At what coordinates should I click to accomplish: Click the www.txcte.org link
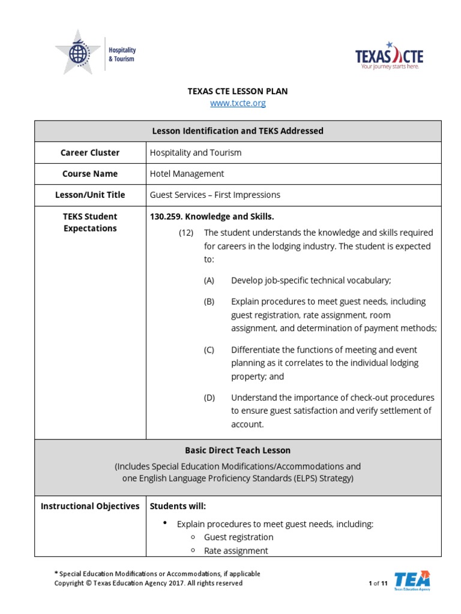tap(238, 103)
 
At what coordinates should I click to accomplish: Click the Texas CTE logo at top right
tap(389, 57)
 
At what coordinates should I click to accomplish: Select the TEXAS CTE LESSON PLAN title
tap(238, 91)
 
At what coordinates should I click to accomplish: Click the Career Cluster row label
tap(90, 152)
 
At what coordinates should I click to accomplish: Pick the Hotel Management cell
tap(187, 173)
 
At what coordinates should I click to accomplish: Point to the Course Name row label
tap(90, 173)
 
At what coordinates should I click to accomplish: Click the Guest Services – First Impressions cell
tap(215, 195)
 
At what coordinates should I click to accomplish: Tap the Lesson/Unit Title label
tap(90, 195)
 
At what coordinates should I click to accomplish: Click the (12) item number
tap(185, 233)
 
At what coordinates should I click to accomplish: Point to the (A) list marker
tap(209, 281)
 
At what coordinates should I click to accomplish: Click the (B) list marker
tap(209, 302)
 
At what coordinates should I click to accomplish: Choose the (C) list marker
tap(209, 350)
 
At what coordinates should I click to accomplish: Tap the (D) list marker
tap(209, 398)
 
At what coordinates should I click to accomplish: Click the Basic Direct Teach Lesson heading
tap(238, 450)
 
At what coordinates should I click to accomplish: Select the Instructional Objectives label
tap(90, 506)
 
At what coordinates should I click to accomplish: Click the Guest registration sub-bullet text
tap(238, 537)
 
